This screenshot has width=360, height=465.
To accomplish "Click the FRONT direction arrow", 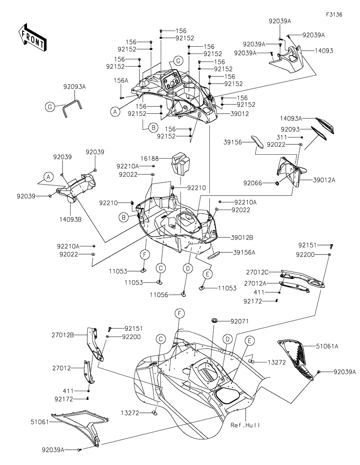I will click(x=31, y=38).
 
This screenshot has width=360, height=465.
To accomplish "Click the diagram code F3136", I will click(x=334, y=14).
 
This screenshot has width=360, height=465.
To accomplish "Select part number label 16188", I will click(x=160, y=158).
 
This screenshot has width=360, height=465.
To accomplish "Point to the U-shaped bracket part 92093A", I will click(x=72, y=108).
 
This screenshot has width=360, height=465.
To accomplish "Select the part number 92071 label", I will click(x=239, y=321).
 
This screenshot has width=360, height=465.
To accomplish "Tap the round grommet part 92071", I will click(x=215, y=320).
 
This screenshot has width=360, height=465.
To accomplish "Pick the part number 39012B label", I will click(x=242, y=237).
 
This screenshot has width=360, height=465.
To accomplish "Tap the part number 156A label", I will click(x=121, y=80).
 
